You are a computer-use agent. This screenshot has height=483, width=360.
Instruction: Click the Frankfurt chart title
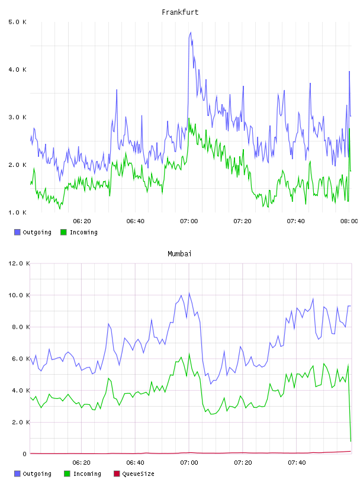click(180, 12)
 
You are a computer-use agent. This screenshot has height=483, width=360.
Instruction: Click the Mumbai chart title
click(179, 253)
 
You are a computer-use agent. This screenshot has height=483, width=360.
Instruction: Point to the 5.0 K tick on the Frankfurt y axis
click(18, 22)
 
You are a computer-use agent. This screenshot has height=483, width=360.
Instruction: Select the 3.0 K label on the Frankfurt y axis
click(18, 117)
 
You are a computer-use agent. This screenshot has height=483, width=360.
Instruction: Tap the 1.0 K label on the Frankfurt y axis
click(18, 212)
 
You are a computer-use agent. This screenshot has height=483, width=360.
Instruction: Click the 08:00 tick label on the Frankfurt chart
click(349, 221)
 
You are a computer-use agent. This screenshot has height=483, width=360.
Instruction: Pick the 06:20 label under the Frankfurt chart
click(82, 221)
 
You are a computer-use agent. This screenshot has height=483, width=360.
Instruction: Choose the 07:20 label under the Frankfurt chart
click(242, 221)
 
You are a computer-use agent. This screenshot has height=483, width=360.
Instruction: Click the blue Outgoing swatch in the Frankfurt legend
click(17, 232)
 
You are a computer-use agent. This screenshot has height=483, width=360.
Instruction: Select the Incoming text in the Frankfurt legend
click(83, 232)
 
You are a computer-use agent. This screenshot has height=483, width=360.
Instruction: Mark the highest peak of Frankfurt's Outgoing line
click(191, 33)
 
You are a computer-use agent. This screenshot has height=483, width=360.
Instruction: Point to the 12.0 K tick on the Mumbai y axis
click(19, 263)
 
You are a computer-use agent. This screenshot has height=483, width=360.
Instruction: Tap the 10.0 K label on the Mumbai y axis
click(19, 295)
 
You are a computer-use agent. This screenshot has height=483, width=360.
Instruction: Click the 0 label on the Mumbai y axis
click(25, 454)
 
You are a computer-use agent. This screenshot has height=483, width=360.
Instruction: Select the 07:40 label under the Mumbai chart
click(297, 462)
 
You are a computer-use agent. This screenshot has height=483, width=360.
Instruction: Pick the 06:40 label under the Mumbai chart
click(136, 462)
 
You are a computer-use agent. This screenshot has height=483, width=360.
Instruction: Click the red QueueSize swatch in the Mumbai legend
click(117, 474)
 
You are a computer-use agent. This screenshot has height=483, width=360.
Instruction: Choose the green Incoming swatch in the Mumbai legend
click(67, 474)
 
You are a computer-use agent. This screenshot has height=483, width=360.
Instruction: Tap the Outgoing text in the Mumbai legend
click(37, 474)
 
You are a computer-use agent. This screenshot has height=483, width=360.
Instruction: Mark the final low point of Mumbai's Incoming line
click(351, 441)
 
